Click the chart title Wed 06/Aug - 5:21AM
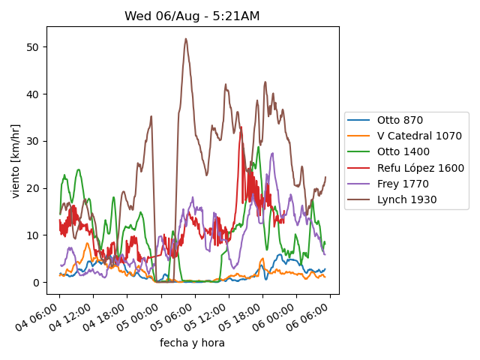point(192,16)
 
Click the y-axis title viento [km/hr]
point(16,161)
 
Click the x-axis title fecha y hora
point(192,343)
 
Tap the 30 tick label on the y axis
point(34,141)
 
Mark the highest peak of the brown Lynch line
point(186,39)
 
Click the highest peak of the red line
point(241,129)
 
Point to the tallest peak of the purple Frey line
point(272,153)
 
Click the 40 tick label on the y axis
point(34,94)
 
